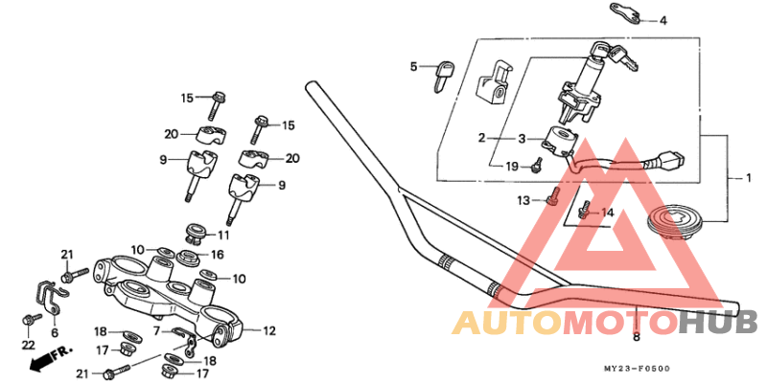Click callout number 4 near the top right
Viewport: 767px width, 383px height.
[x=662, y=20]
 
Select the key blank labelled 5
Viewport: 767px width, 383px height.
[x=443, y=73]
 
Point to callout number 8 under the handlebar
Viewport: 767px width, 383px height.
[x=636, y=337]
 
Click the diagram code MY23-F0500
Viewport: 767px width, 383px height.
[x=636, y=369]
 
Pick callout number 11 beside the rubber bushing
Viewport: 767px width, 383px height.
[x=224, y=235]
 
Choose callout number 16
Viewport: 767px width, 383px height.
[x=218, y=255]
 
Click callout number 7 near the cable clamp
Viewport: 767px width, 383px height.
[x=156, y=330]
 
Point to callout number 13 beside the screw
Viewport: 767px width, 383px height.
[x=523, y=201]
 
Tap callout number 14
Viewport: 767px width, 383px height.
[x=606, y=212]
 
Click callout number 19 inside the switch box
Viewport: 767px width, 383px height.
[x=511, y=167]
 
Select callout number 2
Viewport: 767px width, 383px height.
[x=482, y=138]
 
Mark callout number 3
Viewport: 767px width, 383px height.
[x=523, y=138]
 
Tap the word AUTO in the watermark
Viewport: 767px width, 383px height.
[x=507, y=323]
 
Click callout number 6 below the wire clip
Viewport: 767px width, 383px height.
[x=54, y=332]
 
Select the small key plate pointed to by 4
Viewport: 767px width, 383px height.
[x=624, y=12]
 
